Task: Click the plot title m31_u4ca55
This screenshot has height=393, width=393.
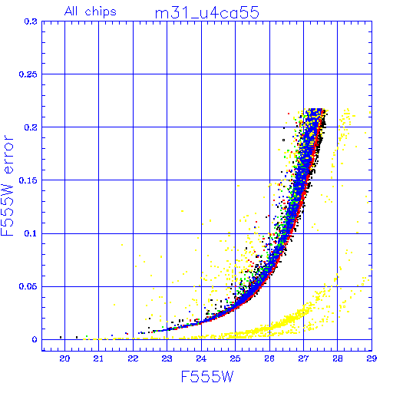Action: tap(207, 13)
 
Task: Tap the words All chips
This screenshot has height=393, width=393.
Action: tap(91, 12)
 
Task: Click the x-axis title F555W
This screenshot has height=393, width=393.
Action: tap(207, 376)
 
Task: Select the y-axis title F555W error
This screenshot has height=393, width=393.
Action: tap(7, 185)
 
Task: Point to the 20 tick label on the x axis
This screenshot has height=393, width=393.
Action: tap(64, 358)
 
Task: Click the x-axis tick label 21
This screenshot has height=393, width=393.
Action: tap(98, 358)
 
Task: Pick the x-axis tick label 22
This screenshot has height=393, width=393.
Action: tap(133, 358)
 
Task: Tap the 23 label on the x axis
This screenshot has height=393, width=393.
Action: tap(167, 358)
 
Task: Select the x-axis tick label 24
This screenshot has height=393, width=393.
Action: tap(201, 358)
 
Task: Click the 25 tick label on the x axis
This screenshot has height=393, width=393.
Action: tap(235, 358)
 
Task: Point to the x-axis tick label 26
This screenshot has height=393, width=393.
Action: tap(269, 358)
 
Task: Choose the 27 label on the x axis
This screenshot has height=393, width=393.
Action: tap(303, 358)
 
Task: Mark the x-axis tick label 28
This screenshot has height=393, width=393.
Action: tap(338, 358)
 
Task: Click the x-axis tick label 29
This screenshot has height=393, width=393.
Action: tap(372, 358)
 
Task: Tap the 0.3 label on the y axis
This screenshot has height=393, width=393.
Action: tap(31, 21)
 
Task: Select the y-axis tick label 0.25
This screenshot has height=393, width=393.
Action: tap(28, 74)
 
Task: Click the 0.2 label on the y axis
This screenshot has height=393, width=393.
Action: tap(31, 127)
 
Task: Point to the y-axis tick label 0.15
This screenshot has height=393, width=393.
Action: tap(28, 180)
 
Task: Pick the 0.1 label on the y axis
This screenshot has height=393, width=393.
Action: tap(31, 233)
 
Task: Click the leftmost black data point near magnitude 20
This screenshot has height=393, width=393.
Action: tap(61, 337)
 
